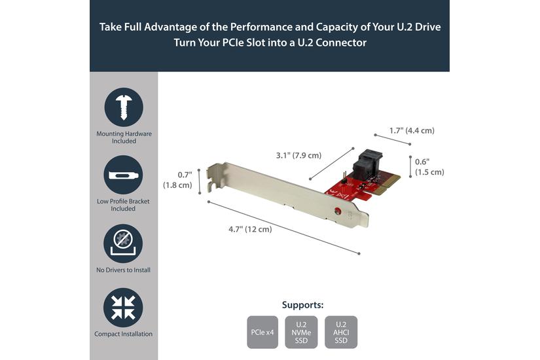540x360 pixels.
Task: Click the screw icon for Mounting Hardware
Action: click(x=123, y=107)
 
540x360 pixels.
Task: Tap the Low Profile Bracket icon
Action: click(x=123, y=175)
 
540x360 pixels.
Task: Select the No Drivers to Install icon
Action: click(x=123, y=243)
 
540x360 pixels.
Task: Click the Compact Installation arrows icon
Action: click(x=123, y=307)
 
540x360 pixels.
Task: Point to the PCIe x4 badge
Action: click(x=262, y=333)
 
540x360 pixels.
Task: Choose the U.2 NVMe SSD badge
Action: click(x=302, y=333)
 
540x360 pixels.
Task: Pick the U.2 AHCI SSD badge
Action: click(x=341, y=333)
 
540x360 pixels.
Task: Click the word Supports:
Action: click(x=302, y=305)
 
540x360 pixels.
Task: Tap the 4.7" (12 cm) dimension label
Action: click(x=249, y=229)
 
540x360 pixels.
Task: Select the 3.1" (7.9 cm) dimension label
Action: click(x=298, y=155)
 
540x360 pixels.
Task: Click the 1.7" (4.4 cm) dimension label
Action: click(x=411, y=130)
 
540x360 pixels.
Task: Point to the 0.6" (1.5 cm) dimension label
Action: click(x=430, y=167)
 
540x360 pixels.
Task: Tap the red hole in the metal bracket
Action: click(x=337, y=211)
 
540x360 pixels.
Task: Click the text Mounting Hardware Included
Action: click(x=123, y=137)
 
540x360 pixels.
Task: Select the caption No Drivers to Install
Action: click(x=123, y=270)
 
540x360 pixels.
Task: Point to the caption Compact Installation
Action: click(x=123, y=334)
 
